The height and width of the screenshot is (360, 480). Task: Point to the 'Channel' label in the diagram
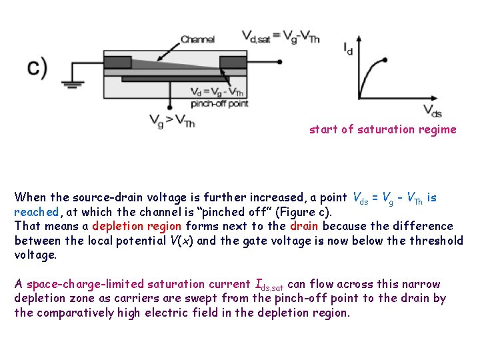pyautogui.click(x=197, y=39)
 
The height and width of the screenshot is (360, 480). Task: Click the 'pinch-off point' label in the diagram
pyautogui.click(x=219, y=103)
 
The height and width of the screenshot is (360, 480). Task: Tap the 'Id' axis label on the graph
pyautogui.click(x=348, y=49)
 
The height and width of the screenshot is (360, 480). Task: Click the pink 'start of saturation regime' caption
pyautogui.click(x=383, y=129)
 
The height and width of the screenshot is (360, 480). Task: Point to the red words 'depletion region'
pyautogui.click(x=137, y=226)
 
